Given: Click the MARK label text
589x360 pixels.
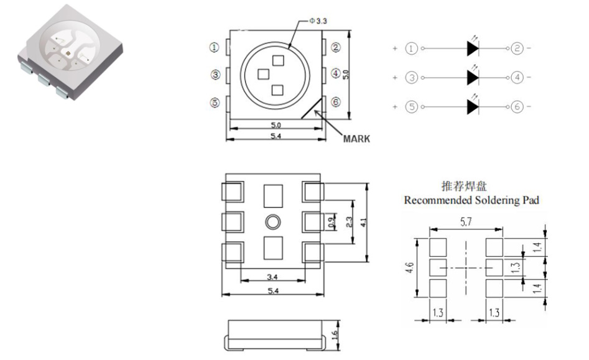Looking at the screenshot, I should pos(356,139).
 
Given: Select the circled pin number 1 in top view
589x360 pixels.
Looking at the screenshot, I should pos(215,47).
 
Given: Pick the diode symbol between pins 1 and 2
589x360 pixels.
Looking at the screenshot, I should pos(473,48).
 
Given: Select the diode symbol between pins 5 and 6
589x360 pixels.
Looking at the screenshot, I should pos(473,107).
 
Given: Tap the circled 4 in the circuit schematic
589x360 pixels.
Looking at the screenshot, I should pos(517,78).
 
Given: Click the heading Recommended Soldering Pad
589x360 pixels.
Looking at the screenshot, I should pos(471,200).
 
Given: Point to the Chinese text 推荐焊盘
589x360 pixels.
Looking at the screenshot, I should pos(471,186).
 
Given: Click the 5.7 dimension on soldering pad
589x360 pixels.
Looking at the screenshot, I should pos(466,221).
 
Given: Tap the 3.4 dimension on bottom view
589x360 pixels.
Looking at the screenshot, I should pos(272,277).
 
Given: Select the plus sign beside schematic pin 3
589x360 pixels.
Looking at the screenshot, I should pos(394,78).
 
